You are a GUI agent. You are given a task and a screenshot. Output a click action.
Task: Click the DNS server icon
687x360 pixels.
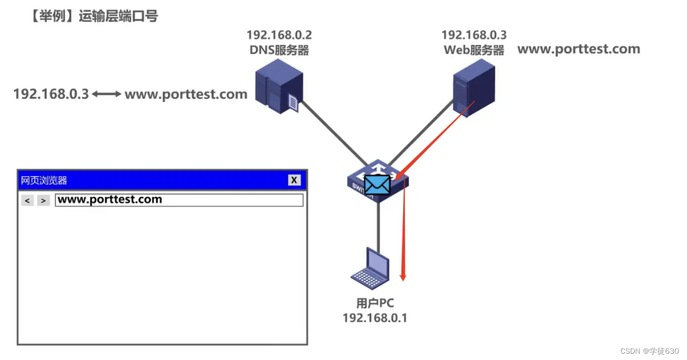(279, 86)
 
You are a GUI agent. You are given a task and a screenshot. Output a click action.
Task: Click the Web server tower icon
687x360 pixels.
(473, 88)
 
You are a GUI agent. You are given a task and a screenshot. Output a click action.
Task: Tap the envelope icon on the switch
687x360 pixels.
(377, 185)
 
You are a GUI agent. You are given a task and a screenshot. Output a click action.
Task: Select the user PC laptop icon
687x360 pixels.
(370, 268)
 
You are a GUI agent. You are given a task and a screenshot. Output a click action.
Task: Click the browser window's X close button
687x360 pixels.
(294, 180)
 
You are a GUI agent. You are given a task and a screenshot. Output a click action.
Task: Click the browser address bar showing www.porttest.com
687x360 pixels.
(179, 200)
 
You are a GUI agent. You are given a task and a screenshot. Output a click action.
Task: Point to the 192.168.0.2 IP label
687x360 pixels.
(279, 36)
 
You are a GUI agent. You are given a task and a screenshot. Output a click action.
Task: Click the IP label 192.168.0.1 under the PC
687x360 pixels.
(374, 318)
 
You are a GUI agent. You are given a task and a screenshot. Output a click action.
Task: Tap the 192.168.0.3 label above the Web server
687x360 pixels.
(474, 36)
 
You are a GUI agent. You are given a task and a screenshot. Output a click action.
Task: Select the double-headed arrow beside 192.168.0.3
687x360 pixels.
(107, 94)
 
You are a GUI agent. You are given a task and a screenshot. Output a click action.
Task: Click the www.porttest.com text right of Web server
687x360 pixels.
(579, 50)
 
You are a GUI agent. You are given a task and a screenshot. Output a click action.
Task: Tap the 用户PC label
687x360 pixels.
(374, 303)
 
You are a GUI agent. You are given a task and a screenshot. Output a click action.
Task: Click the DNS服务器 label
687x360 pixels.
(279, 50)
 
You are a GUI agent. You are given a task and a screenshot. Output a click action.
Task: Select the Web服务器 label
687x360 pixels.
(474, 50)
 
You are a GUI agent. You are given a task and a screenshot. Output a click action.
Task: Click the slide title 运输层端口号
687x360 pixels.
(118, 16)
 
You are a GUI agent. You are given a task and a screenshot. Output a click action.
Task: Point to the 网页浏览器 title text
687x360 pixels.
(44, 181)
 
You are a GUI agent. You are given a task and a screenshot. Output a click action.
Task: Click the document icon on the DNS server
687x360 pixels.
(293, 103)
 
